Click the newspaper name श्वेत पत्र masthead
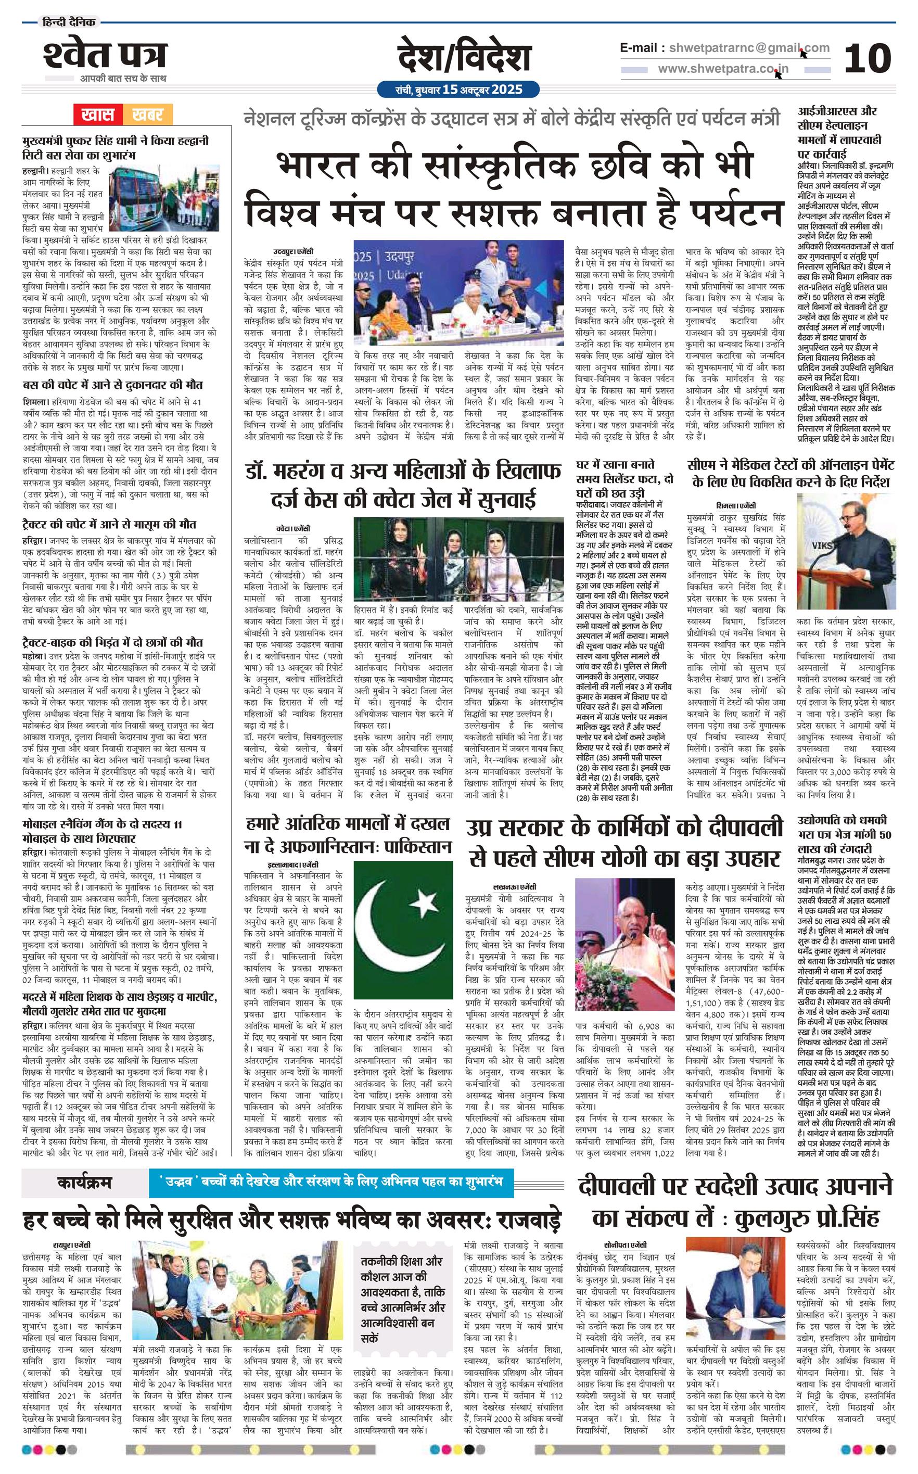tap(104, 56)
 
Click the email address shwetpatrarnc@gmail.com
tap(746, 48)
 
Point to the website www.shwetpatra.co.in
tap(723, 69)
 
